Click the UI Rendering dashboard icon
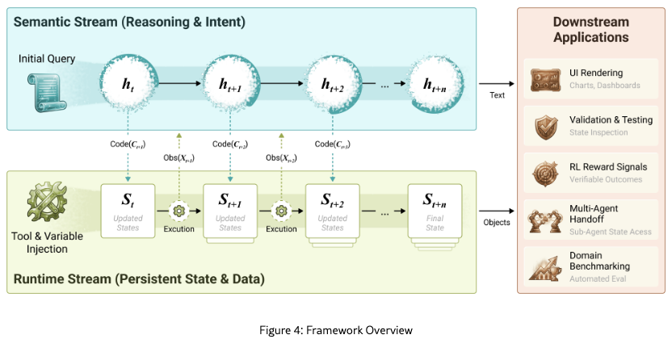(542, 79)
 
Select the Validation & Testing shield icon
(542, 126)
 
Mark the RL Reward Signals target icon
(542, 173)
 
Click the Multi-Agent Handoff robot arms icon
(542, 220)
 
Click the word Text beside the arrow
(498, 95)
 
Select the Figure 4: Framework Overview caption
(336, 330)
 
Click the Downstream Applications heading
(591, 29)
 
